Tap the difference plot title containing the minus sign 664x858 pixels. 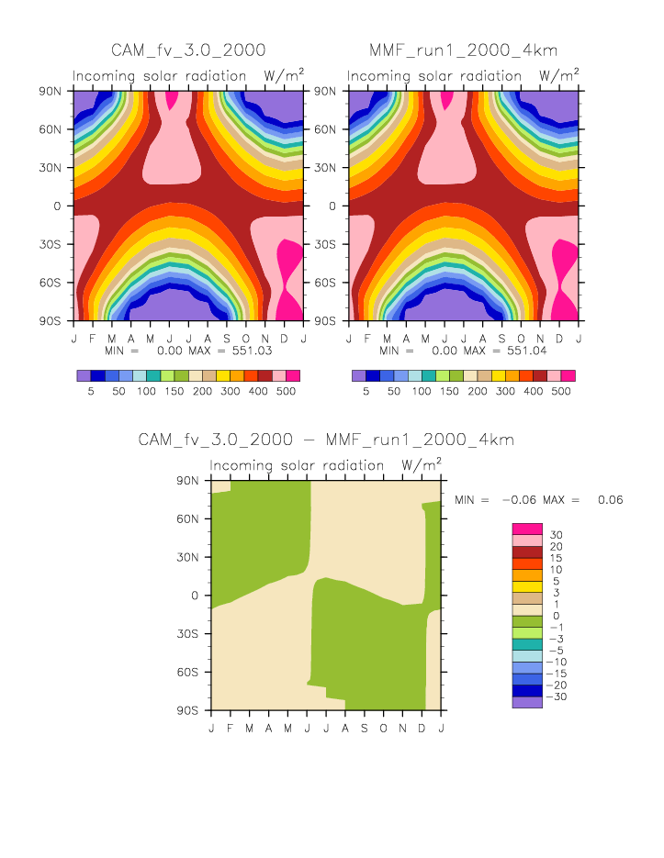pyautogui.click(x=326, y=440)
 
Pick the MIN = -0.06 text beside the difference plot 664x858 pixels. pyautogui.click(x=494, y=499)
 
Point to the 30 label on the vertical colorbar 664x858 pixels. pyautogui.click(x=556, y=535)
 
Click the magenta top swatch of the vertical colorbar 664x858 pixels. pyautogui.click(x=526, y=529)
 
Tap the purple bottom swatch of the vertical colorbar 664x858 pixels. pyautogui.click(x=526, y=702)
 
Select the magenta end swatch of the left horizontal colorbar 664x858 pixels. pyautogui.click(x=293, y=376)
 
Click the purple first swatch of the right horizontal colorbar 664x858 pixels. pyautogui.click(x=358, y=376)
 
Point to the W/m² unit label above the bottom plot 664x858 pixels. pyautogui.click(x=422, y=463)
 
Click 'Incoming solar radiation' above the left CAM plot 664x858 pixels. pyautogui.click(x=160, y=75)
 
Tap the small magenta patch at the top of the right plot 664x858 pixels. pyautogui.click(x=447, y=98)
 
